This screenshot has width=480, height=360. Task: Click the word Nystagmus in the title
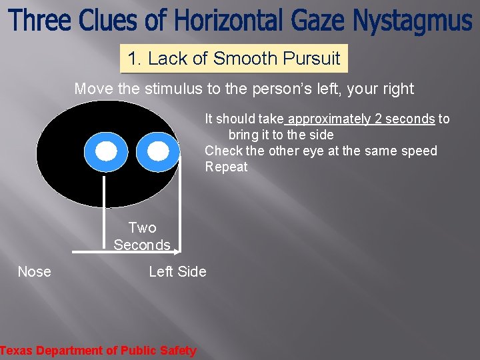[411, 21]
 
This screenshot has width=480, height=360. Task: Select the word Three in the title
[41, 21]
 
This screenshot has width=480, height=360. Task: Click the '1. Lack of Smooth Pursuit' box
[234, 59]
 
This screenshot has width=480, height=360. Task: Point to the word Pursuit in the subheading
[311, 59]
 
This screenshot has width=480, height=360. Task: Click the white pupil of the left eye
[106, 152]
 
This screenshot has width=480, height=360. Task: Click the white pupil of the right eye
[158, 152]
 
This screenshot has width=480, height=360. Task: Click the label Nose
[34, 271]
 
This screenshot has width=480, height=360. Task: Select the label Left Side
[177, 271]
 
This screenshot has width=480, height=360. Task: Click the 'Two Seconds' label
[142, 237]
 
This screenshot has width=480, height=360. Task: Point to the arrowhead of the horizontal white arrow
[176, 252]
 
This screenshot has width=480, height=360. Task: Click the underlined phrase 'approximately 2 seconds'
[361, 119]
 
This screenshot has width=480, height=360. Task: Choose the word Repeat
[226, 167]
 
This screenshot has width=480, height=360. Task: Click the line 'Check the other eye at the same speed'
[321, 151]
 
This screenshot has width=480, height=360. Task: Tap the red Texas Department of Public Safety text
[98, 351]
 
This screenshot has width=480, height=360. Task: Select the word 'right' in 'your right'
[397, 89]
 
